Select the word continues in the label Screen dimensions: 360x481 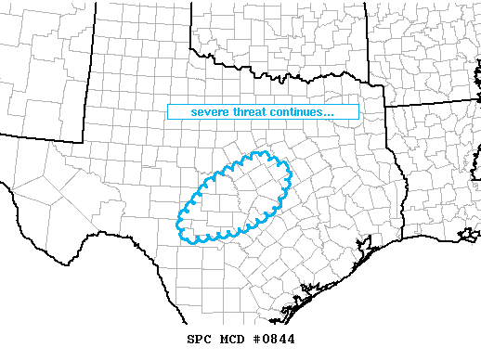(296, 112)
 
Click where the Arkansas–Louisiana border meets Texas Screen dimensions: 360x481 (385, 107)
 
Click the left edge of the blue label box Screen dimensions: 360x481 (168, 112)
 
